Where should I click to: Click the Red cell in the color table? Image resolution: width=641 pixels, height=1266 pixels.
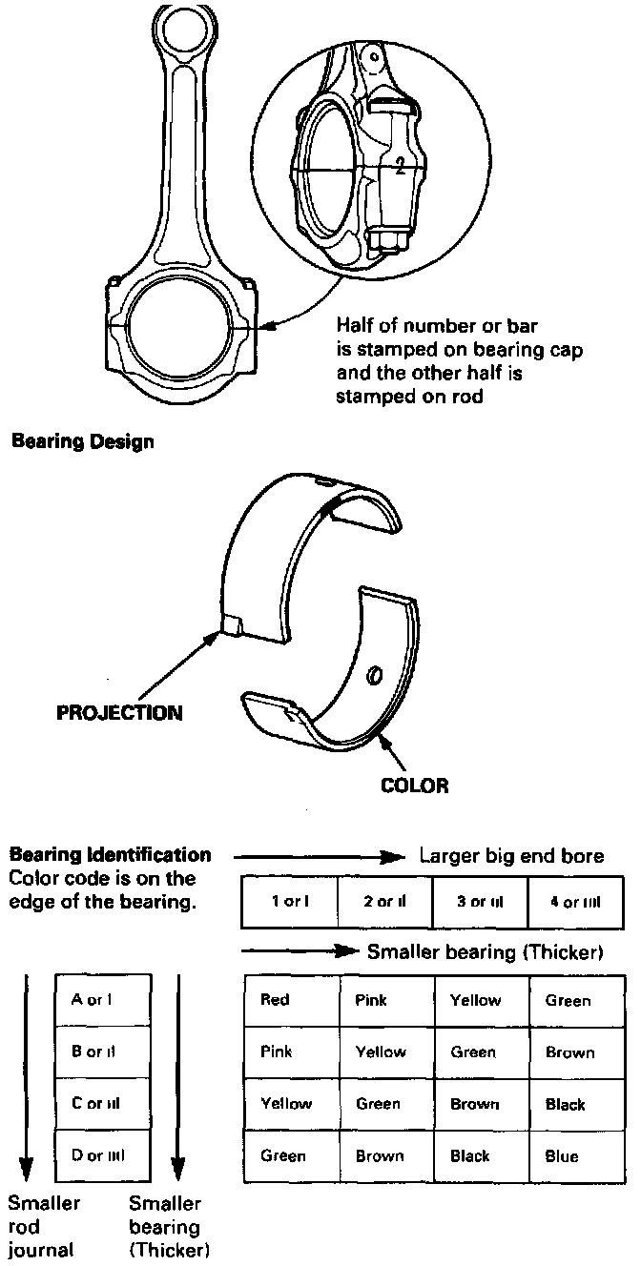pyautogui.click(x=275, y=1000)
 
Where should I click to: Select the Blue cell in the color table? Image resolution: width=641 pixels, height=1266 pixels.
pyautogui.click(x=562, y=1156)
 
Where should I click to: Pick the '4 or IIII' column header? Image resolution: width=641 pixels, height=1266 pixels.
pyautogui.click(x=574, y=902)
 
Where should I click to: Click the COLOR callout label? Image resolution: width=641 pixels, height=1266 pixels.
pyautogui.click(x=414, y=786)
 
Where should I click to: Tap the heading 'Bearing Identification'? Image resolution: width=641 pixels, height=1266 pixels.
pyautogui.click(x=110, y=855)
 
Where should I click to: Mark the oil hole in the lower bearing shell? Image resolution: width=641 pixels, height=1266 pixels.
pyautogui.click(x=376, y=676)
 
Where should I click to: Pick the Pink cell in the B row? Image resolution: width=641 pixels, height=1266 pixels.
pyautogui.click(x=277, y=1052)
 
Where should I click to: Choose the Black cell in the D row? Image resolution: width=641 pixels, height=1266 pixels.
pyautogui.click(x=469, y=1156)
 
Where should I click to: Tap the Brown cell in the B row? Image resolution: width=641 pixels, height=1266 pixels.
pyautogui.click(x=570, y=1052)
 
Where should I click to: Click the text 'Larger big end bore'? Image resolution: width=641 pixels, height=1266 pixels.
pyautogui.click(x=512, y=856)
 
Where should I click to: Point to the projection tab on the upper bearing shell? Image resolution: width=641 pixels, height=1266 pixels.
pyautogui.click(x=233, y=626)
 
